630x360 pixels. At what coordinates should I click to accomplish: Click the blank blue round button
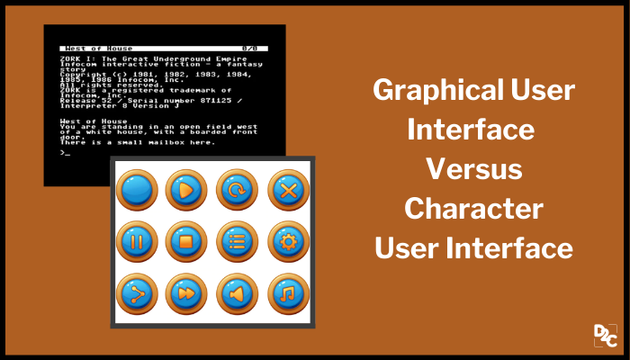(x=137, y=190)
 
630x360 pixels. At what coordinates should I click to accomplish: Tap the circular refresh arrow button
(x=238, y=190)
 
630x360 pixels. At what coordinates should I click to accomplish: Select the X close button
(x=289, y=190)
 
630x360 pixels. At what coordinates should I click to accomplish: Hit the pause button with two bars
(x=137, y=241)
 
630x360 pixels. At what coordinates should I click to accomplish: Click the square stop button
(x=187, y=241)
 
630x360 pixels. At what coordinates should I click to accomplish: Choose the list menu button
(x=238, y=241)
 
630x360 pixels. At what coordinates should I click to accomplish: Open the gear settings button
(x=289, y=241)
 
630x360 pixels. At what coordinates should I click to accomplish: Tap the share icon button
(x=137, y=293)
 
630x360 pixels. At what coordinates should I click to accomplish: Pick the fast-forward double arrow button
(x=187, y=293)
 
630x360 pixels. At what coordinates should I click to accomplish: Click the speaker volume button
(x=238, y=293)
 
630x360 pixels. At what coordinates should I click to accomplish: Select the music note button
(x=289, y=293)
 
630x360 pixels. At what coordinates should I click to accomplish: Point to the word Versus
(x=472, y=168)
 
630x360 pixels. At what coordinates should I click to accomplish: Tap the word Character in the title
(x=472, y=208)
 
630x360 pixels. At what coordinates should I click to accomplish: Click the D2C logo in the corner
(x=604, y=336)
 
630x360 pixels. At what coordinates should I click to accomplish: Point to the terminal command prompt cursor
(x=65, y=151)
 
